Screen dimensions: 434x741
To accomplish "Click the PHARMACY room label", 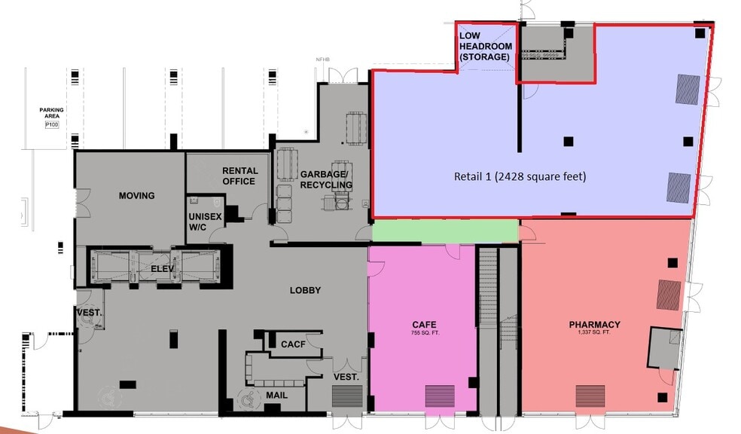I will coord(594,325).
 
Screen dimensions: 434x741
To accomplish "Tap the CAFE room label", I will coord(425,325).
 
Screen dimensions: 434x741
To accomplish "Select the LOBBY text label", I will coord(305,290).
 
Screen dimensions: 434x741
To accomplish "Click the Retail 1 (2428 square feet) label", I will coord(520,176).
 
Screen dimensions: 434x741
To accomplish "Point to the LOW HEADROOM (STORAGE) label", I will coord(486,47).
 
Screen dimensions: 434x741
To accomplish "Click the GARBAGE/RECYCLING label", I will coord(326,179).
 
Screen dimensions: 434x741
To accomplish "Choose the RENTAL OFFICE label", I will coord(239,176).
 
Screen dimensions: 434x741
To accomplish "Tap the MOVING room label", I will coord(136,196).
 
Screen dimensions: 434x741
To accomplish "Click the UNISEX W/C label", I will coord(204,222).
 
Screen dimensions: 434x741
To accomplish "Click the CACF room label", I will coord(292,344).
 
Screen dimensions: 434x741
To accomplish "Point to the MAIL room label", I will coord(276,394).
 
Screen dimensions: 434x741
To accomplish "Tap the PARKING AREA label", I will coord(52,114).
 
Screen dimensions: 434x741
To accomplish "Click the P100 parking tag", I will coord(52,125).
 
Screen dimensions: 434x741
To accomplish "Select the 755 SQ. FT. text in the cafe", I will coord(425,333).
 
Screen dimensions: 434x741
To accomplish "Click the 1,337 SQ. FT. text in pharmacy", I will coord(594,333).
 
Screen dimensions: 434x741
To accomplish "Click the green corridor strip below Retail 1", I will coord(444,231).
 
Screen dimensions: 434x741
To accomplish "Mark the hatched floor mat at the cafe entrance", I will coord(441,396).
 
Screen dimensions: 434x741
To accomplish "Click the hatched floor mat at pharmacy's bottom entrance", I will coord(590,396).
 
